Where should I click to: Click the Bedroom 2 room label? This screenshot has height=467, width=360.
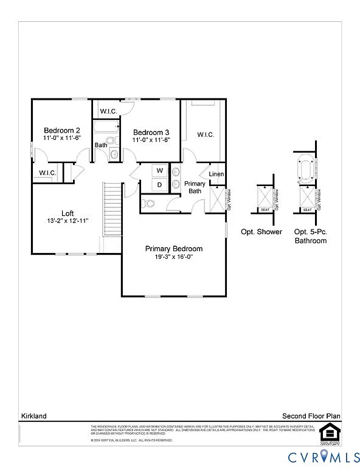click(x=61, y=130)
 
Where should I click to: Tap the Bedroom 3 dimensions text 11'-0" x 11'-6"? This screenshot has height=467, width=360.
click(x=151, y=140)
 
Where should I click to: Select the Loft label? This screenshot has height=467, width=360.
click(x=68, y=213)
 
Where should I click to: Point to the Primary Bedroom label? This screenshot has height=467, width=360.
click(x=173, y=249)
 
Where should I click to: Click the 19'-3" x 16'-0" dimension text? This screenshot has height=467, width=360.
click(x=173, y=257)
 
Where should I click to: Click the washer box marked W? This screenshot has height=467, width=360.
click(x=159, y=170)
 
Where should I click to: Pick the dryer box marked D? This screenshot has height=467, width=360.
click(x=159, y=184)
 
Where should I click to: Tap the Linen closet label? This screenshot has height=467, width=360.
click(x=216, y=175)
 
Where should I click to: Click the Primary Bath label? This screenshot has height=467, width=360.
click(x=195, y=187)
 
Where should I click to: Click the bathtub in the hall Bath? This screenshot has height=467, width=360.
click(x=106, y=127)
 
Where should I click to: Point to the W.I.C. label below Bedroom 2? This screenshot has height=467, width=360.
click(x=47, y=173)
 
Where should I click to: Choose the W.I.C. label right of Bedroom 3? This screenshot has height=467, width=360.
click(x=206, y=134)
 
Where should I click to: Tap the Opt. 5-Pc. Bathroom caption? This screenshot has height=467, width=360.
click(x=310, y=237)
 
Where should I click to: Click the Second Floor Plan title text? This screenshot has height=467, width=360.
click(x=311, y=416)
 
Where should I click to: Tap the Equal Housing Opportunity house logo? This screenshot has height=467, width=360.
click(x=327, y=433)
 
